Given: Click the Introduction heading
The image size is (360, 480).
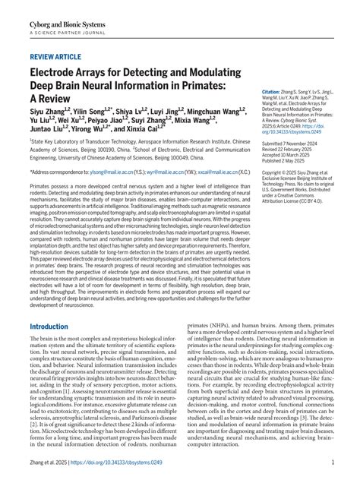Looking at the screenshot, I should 58,327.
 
